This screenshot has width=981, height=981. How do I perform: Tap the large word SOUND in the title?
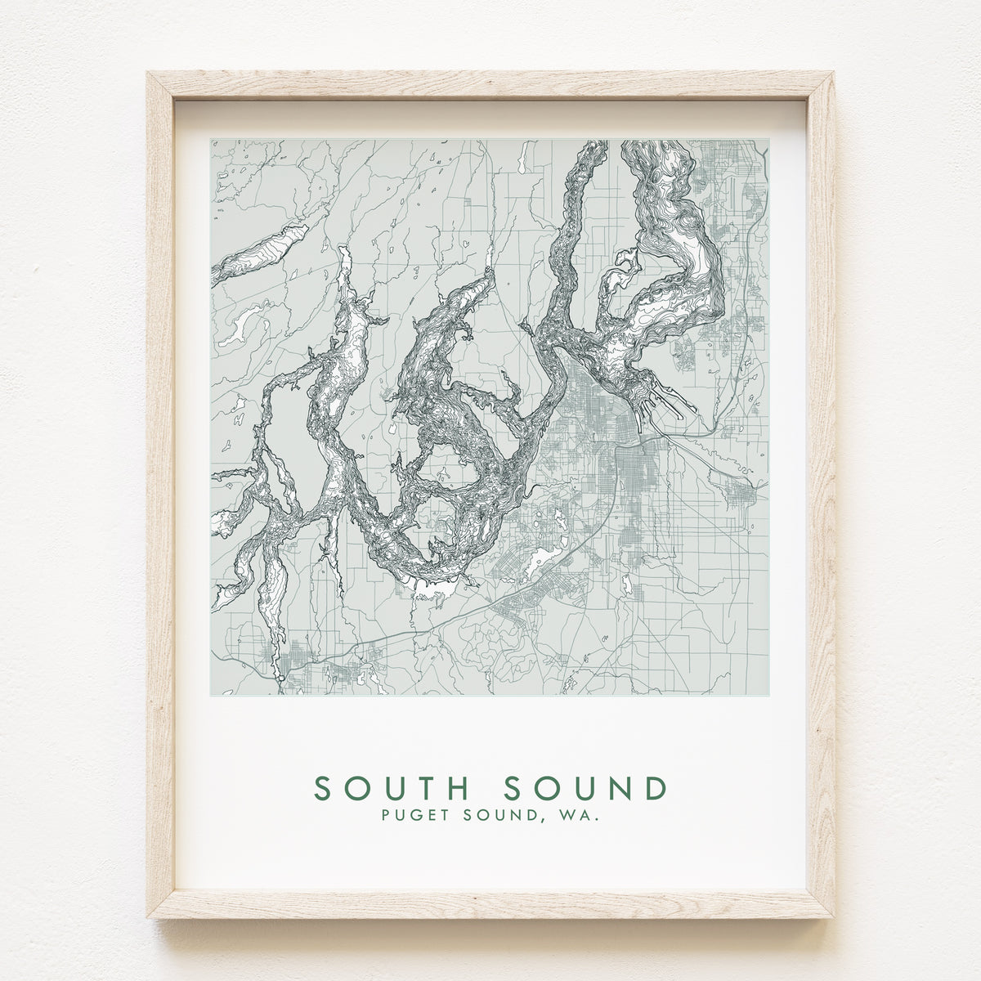point(585,788)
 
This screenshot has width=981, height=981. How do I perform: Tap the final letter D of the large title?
point(656,788)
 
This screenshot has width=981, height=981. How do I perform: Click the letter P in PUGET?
point(386,815)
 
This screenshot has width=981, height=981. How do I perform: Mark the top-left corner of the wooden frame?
point(148,74)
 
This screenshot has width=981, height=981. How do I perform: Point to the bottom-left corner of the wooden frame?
point(148,916)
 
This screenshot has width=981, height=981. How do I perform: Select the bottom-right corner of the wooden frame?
point(833,916)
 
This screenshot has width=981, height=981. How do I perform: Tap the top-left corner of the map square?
point(211,140)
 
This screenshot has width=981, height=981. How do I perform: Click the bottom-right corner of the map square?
point(768,696)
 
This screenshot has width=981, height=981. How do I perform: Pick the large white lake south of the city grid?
point(541,562)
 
